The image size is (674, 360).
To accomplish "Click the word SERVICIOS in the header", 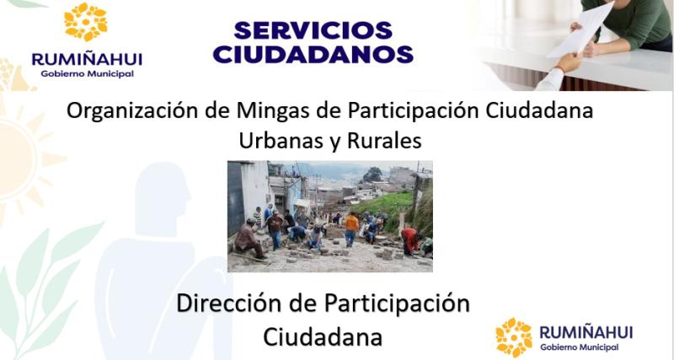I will click(x=313, y=30).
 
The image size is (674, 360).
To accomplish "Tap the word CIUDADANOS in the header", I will click(x=313, y=54).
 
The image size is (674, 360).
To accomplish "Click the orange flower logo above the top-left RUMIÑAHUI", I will click(x=86, y=23).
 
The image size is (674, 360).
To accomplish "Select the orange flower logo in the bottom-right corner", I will click(x=514, y=336).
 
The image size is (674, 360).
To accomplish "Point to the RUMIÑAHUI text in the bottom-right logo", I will click(x=586, y=332).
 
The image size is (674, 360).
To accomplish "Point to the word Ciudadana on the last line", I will click(x=323, y=335).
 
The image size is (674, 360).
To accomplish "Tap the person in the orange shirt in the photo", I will click(x=351, y=225).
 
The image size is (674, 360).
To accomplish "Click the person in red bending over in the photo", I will click(x=409, y=239).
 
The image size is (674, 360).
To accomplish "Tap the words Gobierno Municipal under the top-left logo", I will click(x=87, y=73).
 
